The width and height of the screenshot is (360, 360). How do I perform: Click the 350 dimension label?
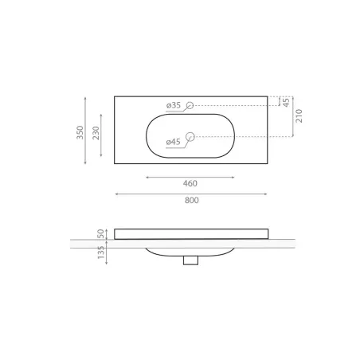(x=80, y=132)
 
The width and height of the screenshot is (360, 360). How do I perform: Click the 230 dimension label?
(x=96, y=133)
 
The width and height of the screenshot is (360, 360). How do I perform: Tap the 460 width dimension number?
(x=190, y=183)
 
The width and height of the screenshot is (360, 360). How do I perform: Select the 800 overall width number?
(x=192, y=200)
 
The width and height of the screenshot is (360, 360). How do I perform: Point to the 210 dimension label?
(x=299, y=115)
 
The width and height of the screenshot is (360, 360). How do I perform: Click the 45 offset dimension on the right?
(x=286, y=103)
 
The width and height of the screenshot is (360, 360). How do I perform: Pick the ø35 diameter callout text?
(x=174, y=105)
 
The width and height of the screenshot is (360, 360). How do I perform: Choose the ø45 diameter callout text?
(x=173, y=142)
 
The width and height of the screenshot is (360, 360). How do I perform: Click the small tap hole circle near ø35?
(x=190, y=105)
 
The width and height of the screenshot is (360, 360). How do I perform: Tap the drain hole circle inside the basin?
(x=190, y=137)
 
